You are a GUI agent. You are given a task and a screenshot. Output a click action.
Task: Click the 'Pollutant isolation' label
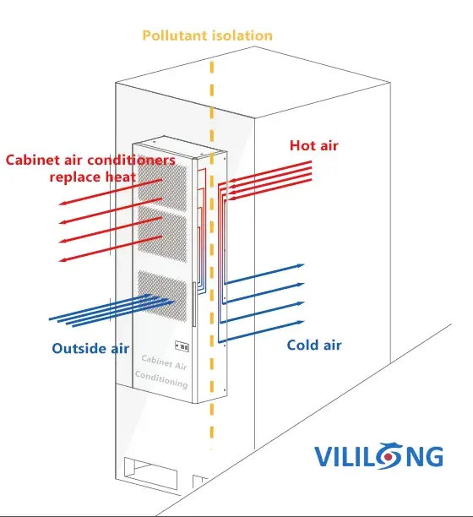pyautogui.click(x=207, y=35)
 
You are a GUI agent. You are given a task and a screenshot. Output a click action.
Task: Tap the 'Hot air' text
pyautogui.click(x=313, y=145)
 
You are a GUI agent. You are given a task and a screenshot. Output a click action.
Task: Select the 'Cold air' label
pyautogui.click(x=314, y=345)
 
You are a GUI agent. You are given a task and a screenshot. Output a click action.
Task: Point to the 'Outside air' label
pyautogui.click(x=90, y=348)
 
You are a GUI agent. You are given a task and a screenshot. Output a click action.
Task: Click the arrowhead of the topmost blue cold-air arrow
pyautogui.click(x=301, y=265)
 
